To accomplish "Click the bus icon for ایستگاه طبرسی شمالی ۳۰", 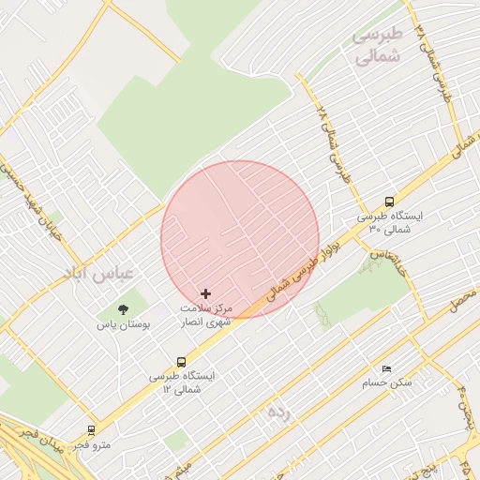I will click(x=389, y=201).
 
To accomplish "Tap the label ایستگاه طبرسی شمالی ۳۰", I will click(x=389, y=222).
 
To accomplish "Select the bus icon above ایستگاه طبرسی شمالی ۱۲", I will click(x=181, y=361).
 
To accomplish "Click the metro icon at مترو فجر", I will click(x=91, y=430).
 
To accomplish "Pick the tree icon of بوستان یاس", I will click(x=123, y=309).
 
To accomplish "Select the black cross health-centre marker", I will click(x=206, y=293).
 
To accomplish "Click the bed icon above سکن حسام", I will click(x=386, y=368).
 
